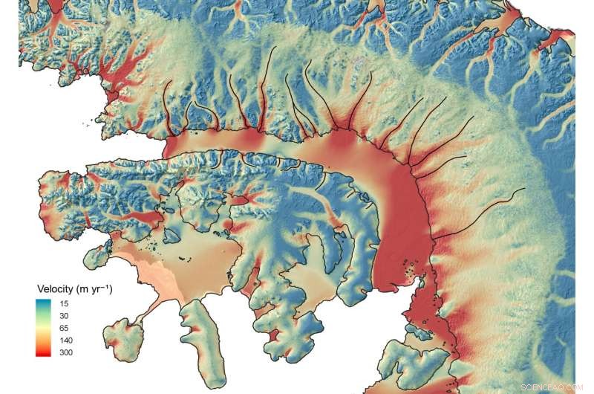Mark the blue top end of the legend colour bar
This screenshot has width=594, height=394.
click(x=45, y=302)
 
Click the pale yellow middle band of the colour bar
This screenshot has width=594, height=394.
click(x=45, y=328)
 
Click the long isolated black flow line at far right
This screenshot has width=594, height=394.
click(x=483, y=211)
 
